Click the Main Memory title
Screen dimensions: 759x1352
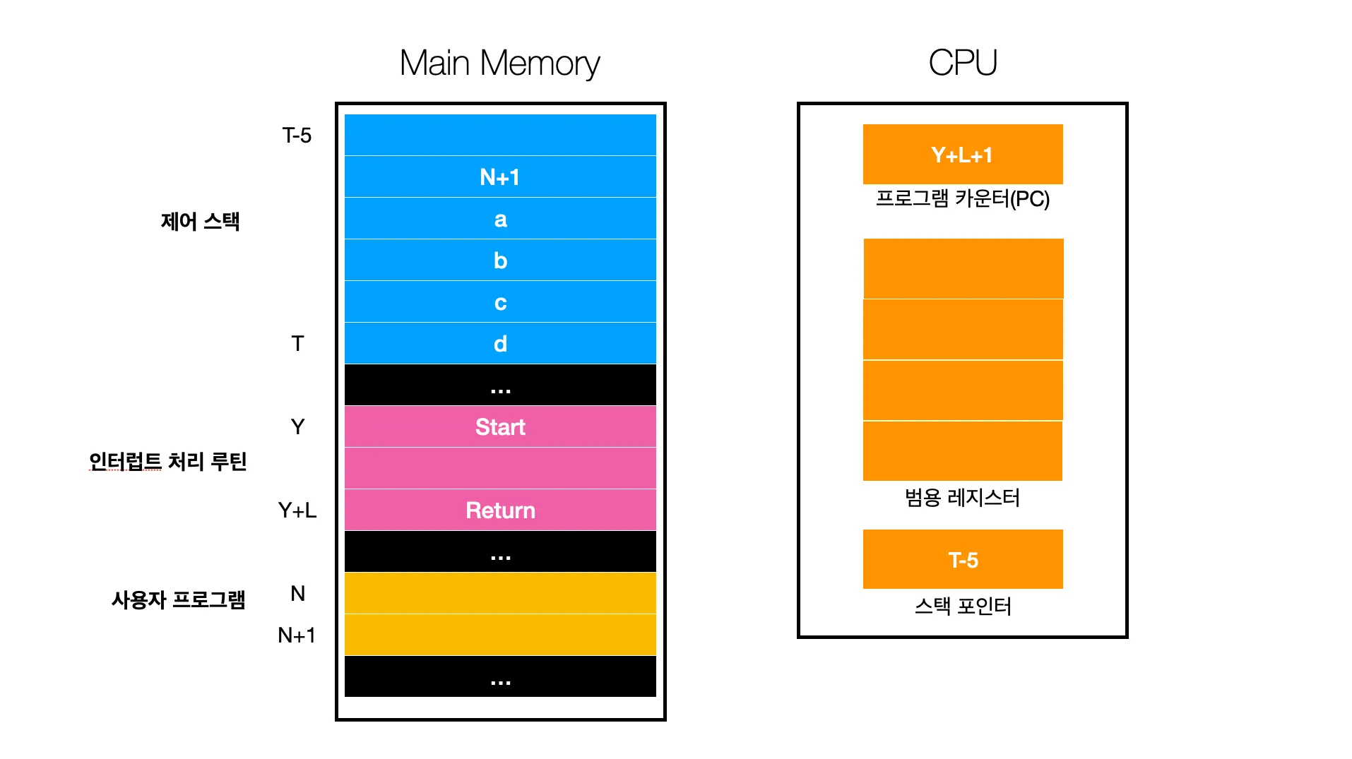(499, 63)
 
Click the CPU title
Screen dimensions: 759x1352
(962, 63)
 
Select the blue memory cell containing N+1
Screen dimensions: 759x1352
(499, 177)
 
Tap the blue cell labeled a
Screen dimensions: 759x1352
(499, 219)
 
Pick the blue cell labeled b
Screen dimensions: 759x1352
(499, 261)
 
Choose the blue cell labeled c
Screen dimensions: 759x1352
(499, 302)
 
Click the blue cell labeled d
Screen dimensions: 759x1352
(499, 344)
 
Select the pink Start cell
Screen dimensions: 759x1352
(499, 426)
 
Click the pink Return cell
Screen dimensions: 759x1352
(499, 510)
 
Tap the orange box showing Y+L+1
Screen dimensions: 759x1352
(962, 155)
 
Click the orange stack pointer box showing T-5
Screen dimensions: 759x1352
(962, 560)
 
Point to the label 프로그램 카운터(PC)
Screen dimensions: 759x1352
(962, 198)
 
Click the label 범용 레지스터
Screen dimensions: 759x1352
(962, 498)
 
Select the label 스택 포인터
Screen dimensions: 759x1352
(962, 606)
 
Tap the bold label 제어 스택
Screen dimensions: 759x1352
(200, 221)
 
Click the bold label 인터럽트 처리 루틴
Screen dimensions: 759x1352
(167, 461)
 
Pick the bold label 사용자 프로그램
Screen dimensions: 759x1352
(178, 599)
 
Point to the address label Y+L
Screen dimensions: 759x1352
(297, 510)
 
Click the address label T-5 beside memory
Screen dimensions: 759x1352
(297, 135)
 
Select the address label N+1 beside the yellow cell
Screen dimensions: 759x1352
(296, 635)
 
